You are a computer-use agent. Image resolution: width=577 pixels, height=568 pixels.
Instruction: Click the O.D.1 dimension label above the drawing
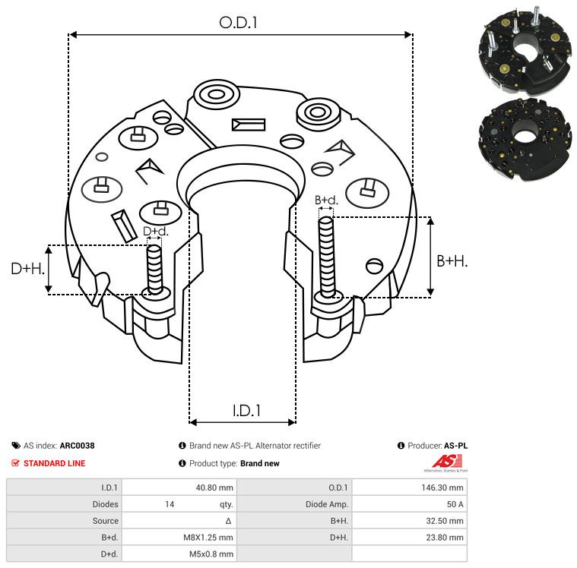[x=238, y=23]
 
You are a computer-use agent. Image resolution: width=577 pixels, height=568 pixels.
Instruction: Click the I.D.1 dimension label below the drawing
[x=246, y=410]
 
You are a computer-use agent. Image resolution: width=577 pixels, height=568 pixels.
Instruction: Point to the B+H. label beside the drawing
[x=452, y=261]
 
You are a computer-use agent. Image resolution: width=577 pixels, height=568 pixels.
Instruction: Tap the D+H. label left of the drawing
[x=27, y=268]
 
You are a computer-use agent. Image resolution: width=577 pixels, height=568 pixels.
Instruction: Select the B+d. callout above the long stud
[x=326, y=200]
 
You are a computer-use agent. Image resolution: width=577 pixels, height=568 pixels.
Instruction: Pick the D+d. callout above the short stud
[x=155, y=232]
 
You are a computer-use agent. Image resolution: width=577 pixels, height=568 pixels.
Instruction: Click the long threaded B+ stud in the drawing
[x=326, y=257]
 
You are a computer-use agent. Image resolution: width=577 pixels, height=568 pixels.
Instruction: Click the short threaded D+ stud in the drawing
[x=154, y=270]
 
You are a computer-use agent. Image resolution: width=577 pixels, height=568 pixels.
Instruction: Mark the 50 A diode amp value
[x=455, y=504]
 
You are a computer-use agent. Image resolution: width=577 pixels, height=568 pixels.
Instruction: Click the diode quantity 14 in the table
[x=170, y=504]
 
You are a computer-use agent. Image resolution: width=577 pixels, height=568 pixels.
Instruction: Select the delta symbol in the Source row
[x=229, y=521]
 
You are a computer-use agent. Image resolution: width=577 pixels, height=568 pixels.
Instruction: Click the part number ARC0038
[x=78, y=446]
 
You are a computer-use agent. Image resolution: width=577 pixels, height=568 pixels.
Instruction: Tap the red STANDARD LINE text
[x=55, y=463]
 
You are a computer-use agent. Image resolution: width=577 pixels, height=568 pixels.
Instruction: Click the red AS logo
[x=446, y=462]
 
